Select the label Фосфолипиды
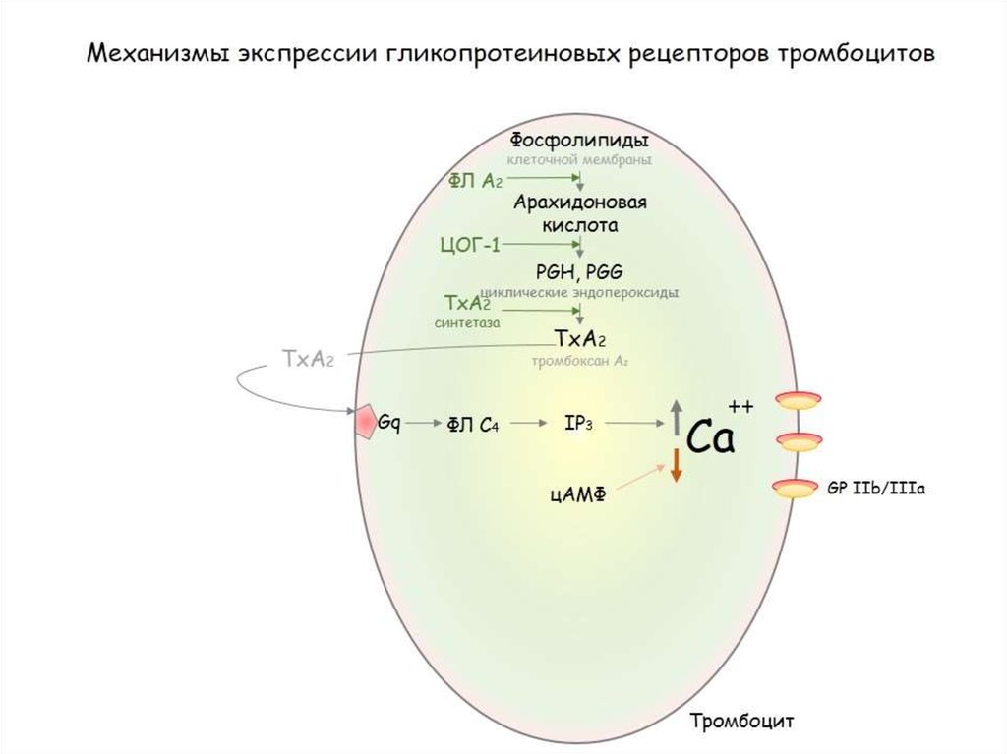coord(580,140)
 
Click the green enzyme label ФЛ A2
coord(476,181)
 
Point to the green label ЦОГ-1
coord(469,244)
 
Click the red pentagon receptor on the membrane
coord(366,422)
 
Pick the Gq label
coord(390,423)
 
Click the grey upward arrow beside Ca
coord(676,418)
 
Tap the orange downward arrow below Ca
coord(676,464)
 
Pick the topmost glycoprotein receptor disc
coord(798,399)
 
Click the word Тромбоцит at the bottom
coord(740,721)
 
